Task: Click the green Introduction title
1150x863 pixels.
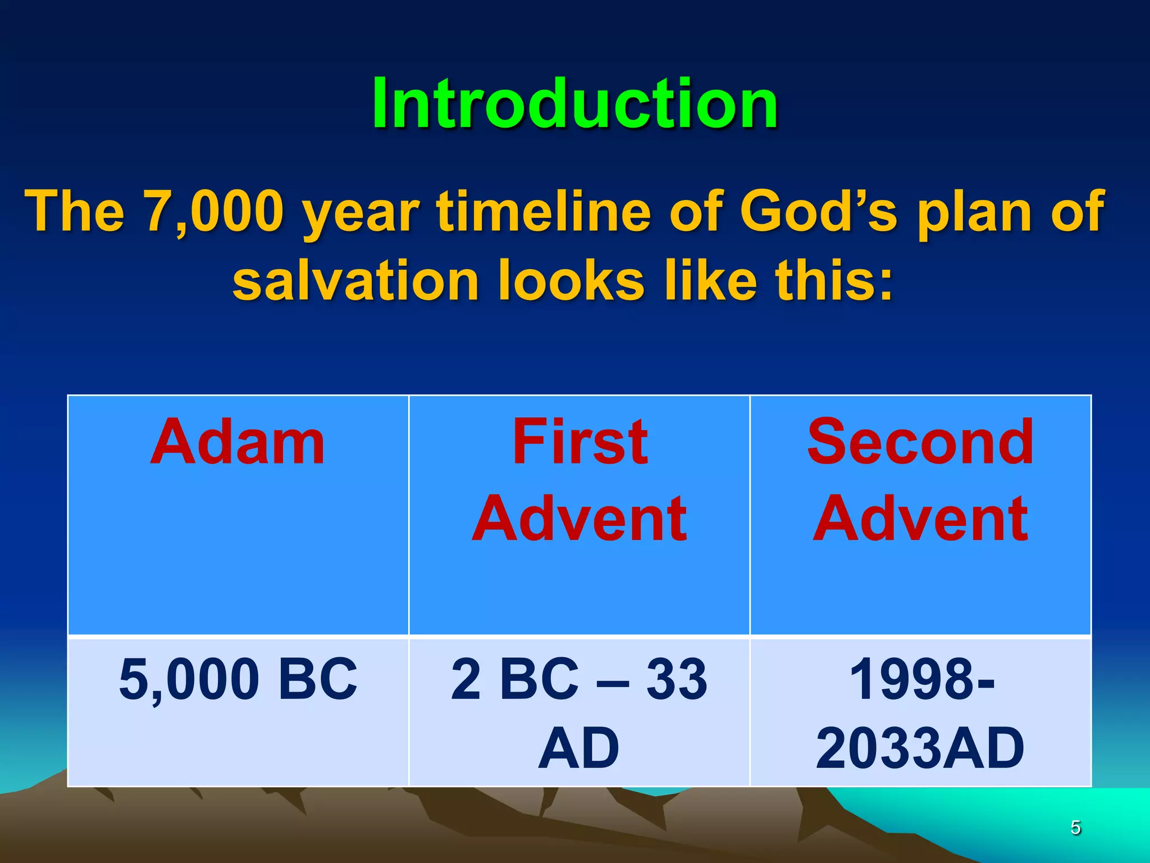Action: coord(574,104)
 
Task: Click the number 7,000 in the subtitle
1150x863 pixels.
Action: coord(214,211)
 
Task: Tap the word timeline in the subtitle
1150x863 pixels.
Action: coord(544,211)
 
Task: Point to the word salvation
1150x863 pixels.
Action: coord(355,280)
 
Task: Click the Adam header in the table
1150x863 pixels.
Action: coord(238,443)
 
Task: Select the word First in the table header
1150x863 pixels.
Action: coord(579,443)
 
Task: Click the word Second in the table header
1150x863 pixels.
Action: coord(920,443)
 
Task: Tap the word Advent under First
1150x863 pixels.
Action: coord(579,519)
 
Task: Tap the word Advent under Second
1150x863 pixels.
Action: coord(920,519)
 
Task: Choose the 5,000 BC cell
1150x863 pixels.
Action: coord(238,679)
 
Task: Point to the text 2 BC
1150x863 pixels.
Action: coord(514,679)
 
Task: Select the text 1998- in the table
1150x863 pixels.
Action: coord(921,679)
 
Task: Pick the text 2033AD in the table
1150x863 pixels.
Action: coord(920,748)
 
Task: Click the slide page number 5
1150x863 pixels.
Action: coord(1075,828)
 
